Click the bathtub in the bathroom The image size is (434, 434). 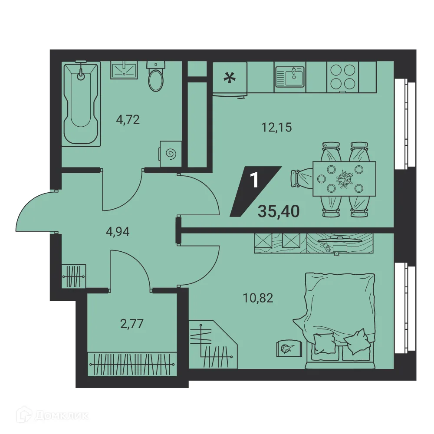(81, 104)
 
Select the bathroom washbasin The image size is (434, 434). (124, 70)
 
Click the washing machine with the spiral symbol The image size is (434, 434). (171, 154)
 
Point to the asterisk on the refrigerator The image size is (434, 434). (230, 78)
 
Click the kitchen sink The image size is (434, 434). (290, 77)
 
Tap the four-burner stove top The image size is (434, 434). (343, 77)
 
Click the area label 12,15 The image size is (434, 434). (276, 127)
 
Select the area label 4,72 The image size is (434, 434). (128, 120)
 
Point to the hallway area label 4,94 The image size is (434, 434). (118, 231)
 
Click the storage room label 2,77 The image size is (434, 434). (132, 324)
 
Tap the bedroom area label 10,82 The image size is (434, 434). (258, 298)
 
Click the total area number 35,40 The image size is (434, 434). (279, 211)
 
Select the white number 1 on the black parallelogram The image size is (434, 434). (254, 180)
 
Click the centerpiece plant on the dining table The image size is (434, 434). (344, 178)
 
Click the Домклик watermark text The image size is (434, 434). (62, 416)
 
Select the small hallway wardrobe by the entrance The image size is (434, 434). (73, 276)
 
